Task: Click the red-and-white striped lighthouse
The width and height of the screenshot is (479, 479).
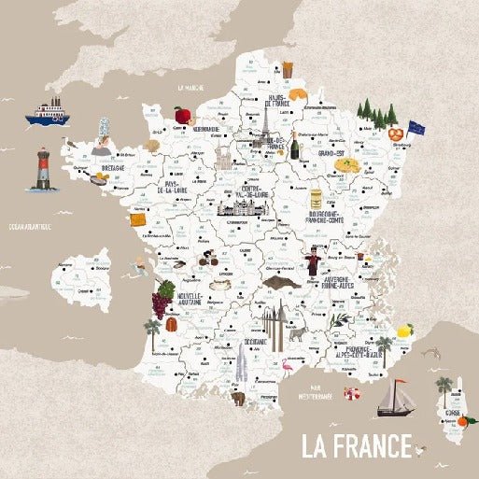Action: tap(42, 169)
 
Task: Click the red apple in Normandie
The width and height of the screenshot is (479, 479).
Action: tap(182, 115)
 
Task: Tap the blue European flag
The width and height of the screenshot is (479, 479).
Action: tap(415, 127)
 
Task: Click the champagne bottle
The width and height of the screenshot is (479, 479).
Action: tap(296, 147)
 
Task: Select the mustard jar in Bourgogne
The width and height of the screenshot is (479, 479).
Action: tap(317, 198)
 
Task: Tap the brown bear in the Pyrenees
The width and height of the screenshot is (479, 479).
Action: tap(237, 398)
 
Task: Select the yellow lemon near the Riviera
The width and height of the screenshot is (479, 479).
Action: tap(405, 331)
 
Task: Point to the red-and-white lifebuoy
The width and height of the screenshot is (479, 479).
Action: tap(351, 394)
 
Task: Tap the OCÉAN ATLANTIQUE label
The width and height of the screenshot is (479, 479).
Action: tap(29, 227)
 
